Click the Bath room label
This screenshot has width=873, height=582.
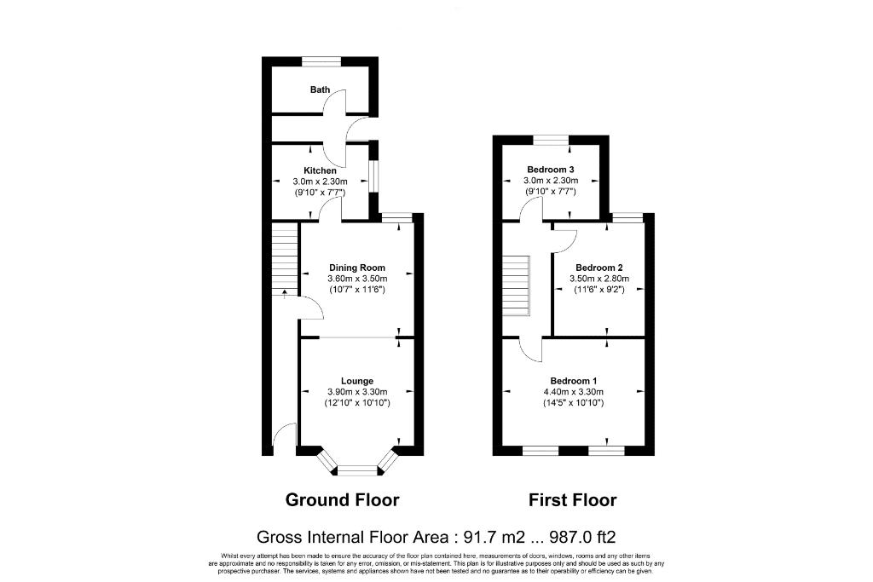tap(321, 89)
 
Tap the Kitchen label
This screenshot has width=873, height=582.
tap(321, 170)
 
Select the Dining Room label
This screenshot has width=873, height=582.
tap(357, 268)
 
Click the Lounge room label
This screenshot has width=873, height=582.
tap(357, 381)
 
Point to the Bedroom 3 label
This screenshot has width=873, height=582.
tap(551, 170)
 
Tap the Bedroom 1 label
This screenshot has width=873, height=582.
tap(574, 381)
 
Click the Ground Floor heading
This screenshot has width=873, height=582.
tap(343, 499)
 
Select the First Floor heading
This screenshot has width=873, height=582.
tap(572, 499)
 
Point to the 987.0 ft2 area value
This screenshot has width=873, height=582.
tap(582, 537)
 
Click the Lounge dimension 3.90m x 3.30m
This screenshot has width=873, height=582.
tap(357, 392)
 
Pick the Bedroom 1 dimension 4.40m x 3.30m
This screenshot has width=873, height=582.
tap(574, 392)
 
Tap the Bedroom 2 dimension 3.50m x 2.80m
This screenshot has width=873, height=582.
tap(599, 279)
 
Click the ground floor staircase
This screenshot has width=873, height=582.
tap(285, 259)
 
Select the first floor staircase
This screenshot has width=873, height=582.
tap(517, 285)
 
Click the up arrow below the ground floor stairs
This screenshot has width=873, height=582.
tap(285, 294)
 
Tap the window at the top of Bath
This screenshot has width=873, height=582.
tap(321, 61)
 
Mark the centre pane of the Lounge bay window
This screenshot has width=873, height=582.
tap(357, 470)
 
